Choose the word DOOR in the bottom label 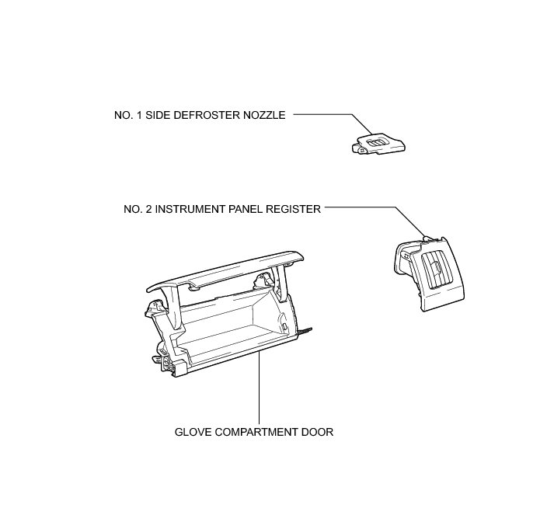click(319, 432)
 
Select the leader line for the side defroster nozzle click(326, 115)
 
